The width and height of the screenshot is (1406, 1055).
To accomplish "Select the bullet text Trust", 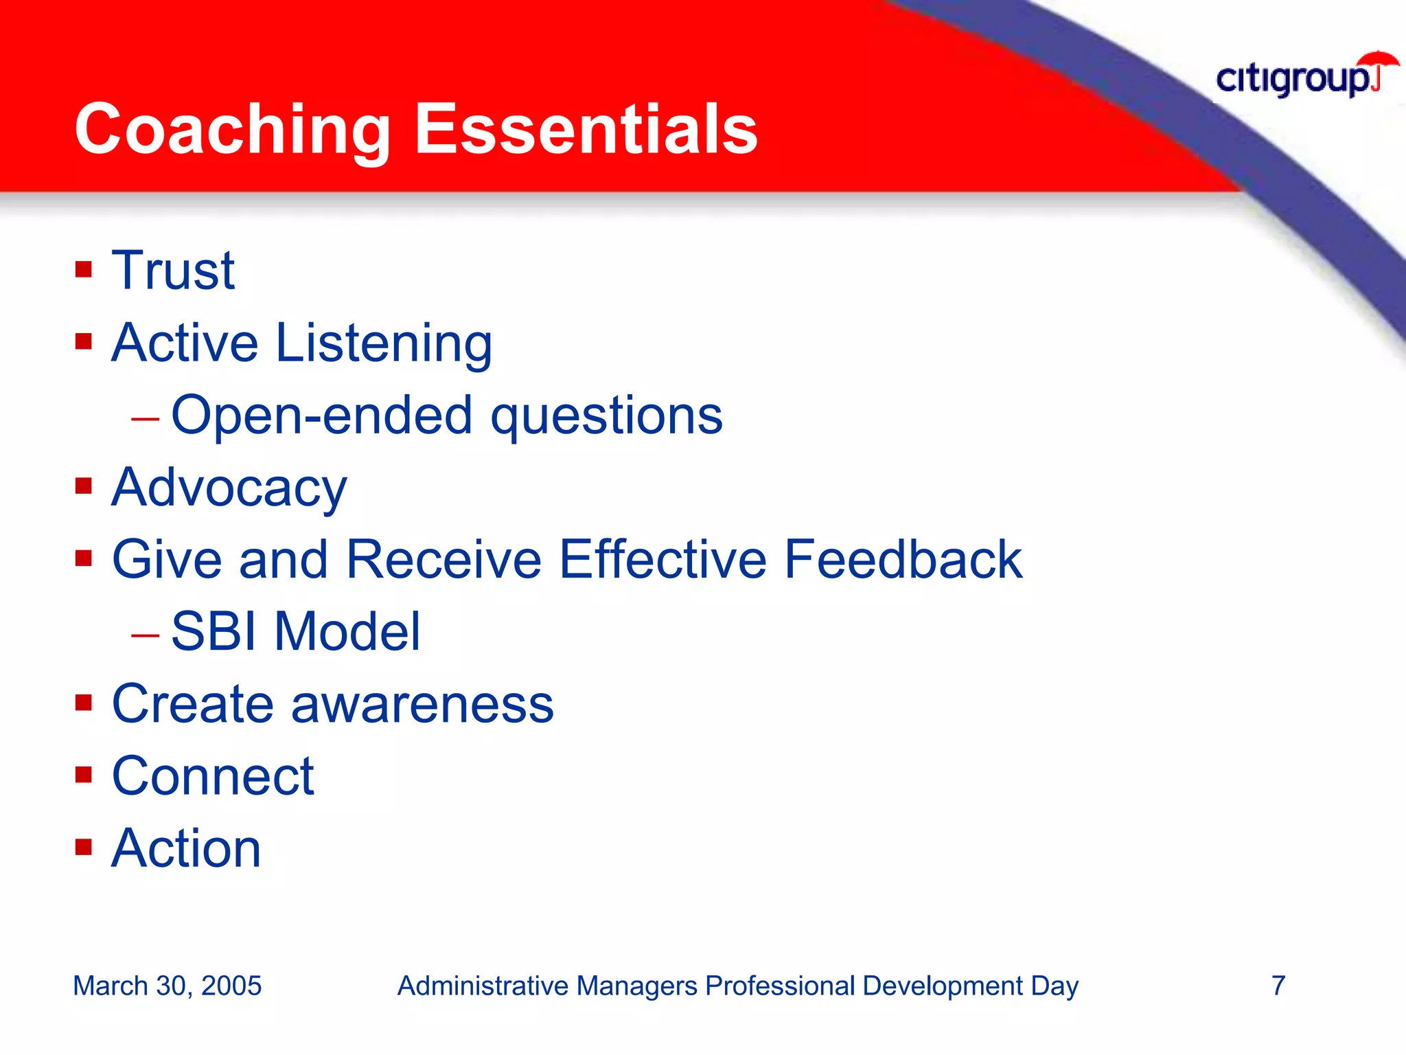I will pyautogui.click(x=173, y=271).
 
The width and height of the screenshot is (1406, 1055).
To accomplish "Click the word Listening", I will pyautogui.click(x=384, y=343).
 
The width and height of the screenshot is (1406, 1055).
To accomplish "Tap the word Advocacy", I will pyautogui.click(x=229, y=488).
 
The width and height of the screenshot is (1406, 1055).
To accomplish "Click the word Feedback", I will pyautogui.click(x=903, y=560).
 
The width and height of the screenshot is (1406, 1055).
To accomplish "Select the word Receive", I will pyautogui.click(x=443, y=560).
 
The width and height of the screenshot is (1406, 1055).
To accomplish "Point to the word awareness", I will pyautogui.click(x=422, y=705).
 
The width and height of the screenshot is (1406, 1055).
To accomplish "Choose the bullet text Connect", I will pyautogui.click(x=213, y=777).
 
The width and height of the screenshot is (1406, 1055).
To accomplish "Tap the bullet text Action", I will pyautogui.click(x=186, y=849).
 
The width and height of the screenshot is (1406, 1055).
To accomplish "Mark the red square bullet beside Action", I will pyautogui.click(x=84, y=847).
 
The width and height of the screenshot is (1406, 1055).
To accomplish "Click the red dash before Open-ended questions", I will pyautogui.click(x=145, y=418).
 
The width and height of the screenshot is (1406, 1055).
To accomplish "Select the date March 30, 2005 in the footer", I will pyautogui.click(x=167, y=986).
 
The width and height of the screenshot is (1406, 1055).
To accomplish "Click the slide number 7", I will pyautogui.click(x=1278, y=986).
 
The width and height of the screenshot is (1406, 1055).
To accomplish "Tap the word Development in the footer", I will pyautogui.click(x=942, y=986).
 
